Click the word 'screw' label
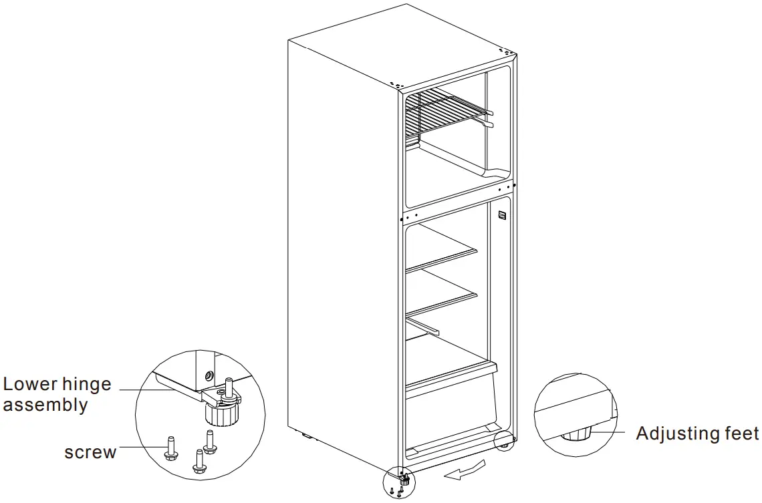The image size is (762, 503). (90, 452)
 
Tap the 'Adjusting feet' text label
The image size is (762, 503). (697, 434)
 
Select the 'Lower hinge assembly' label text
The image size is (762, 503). (56, 395)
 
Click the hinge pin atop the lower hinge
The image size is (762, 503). (229, 386)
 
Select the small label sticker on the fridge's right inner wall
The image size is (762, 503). (502, 216)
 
